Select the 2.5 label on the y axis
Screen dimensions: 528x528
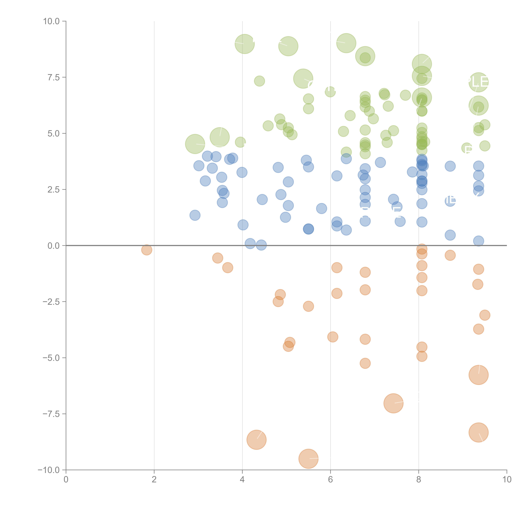(x=54, y=190)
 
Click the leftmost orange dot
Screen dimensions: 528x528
(x=147, y=250)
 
